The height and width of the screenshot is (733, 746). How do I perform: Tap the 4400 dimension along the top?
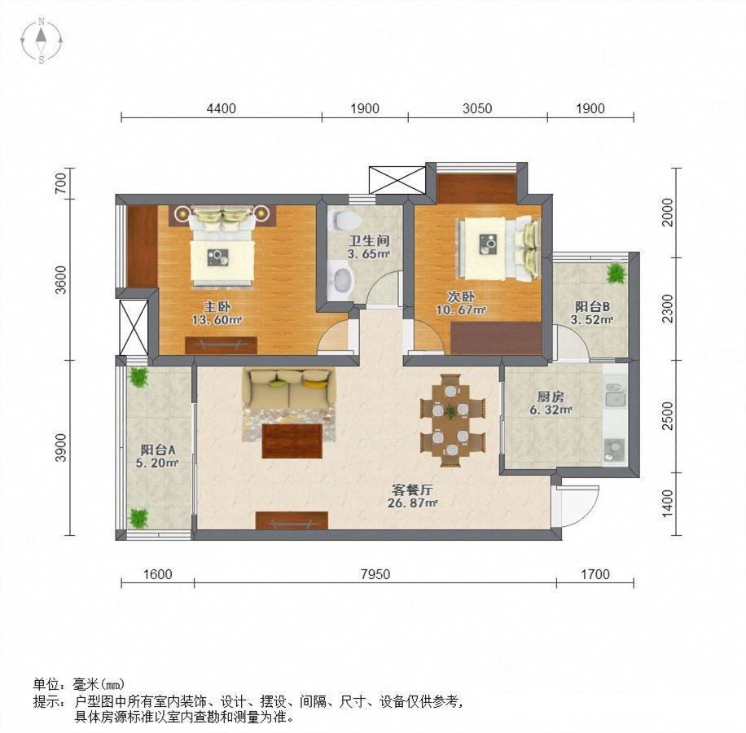pos(222,108)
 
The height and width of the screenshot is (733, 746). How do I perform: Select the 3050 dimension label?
pos(477,108)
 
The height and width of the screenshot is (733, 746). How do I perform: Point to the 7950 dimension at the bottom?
pos(375,574)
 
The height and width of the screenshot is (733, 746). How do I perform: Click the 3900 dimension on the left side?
pos(61,447)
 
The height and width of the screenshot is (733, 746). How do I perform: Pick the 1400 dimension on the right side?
pos(668,504)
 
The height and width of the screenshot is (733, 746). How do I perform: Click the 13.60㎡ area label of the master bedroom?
pos(217,319)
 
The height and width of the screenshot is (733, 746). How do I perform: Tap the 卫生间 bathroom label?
pos(368,241)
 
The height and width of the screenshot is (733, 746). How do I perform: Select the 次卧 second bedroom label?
pos(461,296)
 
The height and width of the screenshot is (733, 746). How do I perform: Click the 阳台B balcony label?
pos(592,306)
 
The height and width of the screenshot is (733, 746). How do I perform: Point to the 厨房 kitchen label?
pos(551,397)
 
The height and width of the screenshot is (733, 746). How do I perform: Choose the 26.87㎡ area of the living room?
pos(412,503)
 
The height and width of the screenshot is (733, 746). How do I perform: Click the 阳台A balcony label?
pos(157,450)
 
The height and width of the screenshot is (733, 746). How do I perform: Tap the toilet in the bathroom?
pos(344,219)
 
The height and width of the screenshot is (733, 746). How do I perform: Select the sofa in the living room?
pos(288,388)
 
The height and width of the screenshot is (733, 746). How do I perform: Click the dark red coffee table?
pos(292,441)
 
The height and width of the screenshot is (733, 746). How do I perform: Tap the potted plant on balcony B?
pos(617,274)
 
